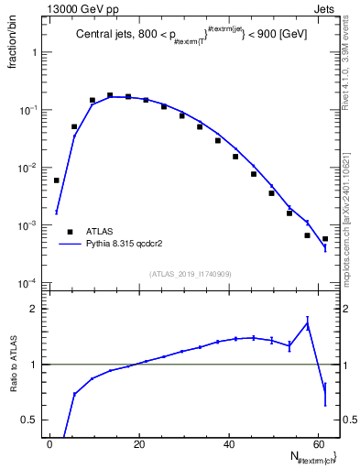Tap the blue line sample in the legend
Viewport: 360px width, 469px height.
pyautogui.click(x=70, y=245)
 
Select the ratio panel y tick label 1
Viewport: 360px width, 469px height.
pyautogui.click(x=38, y=365)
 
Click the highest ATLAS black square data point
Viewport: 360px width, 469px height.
pyautogui.click(x=110, y=94)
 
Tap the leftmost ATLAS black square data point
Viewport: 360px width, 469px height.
pyautogui.click(x=56, y=180)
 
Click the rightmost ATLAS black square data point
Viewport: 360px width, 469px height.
pyautogui.click(x=325, y=239)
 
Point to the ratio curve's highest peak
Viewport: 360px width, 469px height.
pyautogui.click(x=308, y=322)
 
